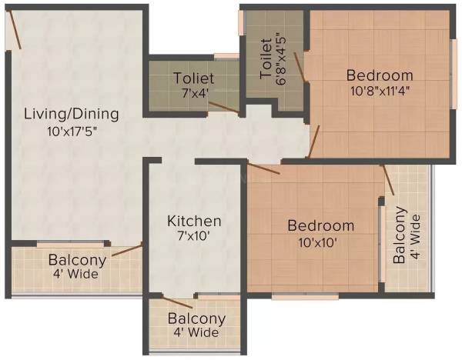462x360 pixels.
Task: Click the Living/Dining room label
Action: coord(72,115)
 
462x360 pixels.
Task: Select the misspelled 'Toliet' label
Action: coord(193,78)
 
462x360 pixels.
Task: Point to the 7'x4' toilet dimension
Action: coord(193,93)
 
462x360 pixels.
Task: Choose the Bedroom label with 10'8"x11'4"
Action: coord(379,75)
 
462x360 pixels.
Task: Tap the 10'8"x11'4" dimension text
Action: coord(379,90)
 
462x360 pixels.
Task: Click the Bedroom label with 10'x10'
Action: coord(321,226)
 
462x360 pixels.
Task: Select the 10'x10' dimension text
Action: coord(321,241)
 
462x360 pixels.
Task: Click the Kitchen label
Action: coord(194,221)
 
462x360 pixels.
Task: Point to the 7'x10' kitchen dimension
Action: coord(194,235)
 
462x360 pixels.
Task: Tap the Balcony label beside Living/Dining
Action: coord(77,259)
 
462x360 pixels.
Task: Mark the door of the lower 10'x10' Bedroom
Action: coord(263,168)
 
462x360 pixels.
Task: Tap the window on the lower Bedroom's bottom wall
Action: coord(305,295)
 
